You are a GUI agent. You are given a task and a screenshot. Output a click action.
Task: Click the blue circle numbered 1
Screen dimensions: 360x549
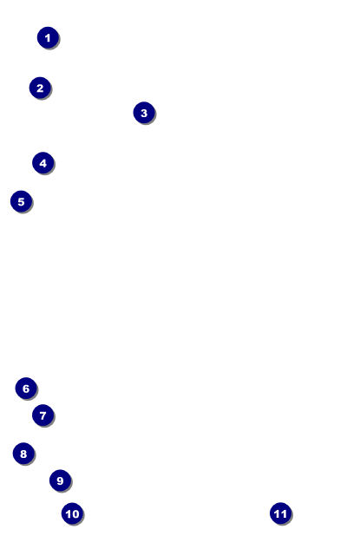48,37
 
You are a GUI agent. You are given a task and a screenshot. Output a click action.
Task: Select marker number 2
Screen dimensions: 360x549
40,88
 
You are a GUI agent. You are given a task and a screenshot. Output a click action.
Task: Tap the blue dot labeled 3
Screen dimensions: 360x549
144,113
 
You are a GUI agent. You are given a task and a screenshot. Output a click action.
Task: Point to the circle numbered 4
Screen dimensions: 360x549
43,163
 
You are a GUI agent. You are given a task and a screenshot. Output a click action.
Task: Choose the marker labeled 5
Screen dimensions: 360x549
22,201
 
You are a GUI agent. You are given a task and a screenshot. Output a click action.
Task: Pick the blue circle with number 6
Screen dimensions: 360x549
26,389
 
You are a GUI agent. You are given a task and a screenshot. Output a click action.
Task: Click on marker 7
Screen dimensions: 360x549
43,415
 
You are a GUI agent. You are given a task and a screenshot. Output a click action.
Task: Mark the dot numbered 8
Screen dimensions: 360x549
23,454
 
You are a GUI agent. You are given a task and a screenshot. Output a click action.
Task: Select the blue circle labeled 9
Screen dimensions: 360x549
60,480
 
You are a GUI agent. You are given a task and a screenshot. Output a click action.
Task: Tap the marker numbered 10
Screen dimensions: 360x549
73,513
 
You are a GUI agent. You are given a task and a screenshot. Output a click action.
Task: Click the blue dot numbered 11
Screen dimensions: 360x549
281,513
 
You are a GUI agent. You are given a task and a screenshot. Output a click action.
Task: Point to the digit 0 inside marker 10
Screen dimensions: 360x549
75,514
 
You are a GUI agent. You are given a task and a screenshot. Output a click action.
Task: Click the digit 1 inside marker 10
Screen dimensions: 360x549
69,514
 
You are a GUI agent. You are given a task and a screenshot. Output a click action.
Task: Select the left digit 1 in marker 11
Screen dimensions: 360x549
277,513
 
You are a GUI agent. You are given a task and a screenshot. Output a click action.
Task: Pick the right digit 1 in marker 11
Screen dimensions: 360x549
284,513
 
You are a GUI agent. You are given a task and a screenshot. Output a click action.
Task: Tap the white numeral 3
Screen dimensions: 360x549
144,113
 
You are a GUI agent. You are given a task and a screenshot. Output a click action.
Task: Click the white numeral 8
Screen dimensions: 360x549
23,454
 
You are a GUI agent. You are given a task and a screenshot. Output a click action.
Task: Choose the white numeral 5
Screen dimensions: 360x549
21,202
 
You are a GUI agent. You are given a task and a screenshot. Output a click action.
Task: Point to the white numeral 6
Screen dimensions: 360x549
26,389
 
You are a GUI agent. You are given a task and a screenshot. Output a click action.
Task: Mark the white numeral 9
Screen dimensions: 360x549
60,480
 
